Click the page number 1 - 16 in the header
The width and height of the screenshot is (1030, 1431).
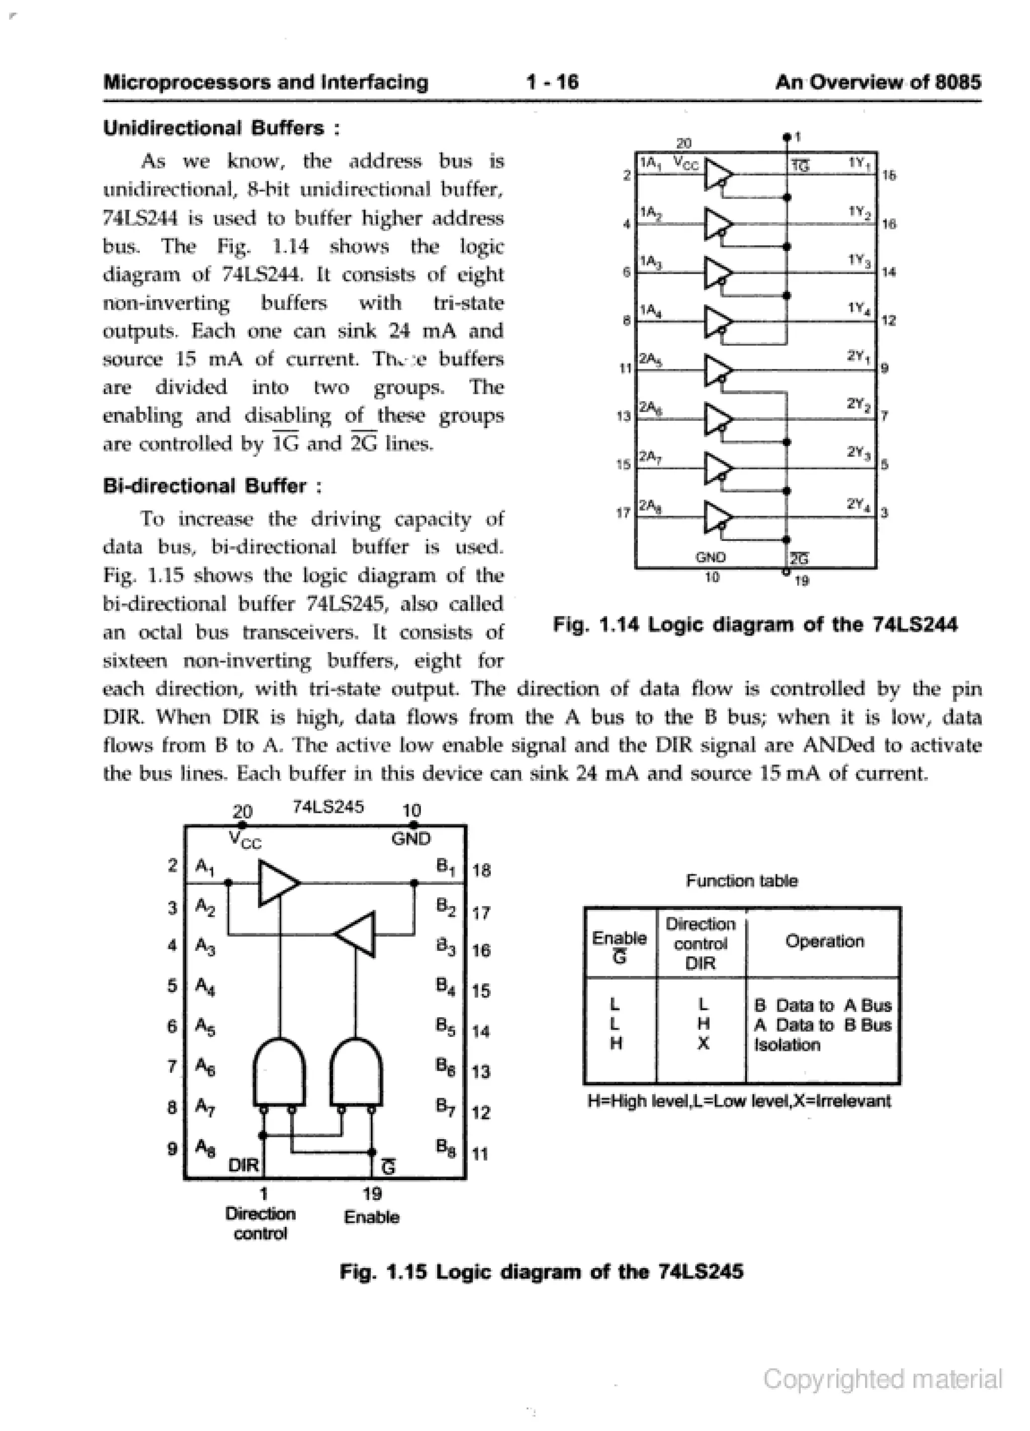552,82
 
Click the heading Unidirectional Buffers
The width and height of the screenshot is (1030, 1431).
221,128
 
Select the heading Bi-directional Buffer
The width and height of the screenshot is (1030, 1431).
213,486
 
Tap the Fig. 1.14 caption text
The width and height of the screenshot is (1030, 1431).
755,624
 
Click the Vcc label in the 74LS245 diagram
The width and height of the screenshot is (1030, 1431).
245,840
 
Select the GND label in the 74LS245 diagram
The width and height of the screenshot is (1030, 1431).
411,839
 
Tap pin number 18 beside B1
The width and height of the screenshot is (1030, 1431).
481,871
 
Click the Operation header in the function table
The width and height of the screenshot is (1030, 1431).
824,941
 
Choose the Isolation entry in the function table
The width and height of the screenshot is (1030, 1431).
787,1045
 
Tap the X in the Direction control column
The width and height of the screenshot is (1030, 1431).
703,1044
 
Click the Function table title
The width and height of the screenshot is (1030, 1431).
742,881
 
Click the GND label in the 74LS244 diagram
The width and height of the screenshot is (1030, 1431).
711,558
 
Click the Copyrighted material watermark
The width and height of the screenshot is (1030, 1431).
882,1379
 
